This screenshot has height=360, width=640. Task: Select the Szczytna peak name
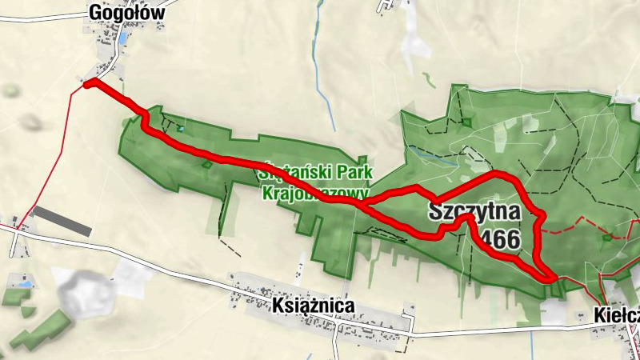474,212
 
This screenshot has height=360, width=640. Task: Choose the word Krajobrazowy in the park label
314,193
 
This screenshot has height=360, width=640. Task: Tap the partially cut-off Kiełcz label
617,315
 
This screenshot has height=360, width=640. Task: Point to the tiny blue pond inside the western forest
182,128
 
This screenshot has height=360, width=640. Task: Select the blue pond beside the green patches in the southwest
23,284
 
